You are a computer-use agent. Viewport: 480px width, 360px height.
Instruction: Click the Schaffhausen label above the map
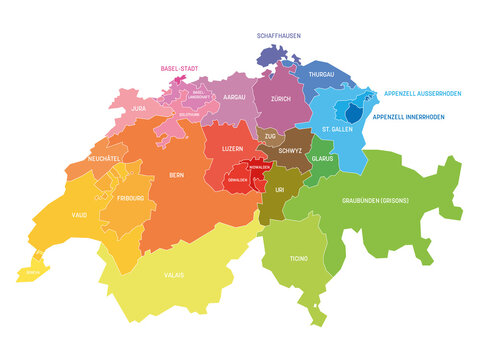(280, 35)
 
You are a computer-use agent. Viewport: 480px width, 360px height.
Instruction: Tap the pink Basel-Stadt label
(180, 69)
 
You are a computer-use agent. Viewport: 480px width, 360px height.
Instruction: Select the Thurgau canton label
(321, 74)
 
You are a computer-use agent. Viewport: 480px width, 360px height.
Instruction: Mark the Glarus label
(321, 157)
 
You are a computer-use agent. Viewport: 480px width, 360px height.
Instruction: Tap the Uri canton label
(280, 187)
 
